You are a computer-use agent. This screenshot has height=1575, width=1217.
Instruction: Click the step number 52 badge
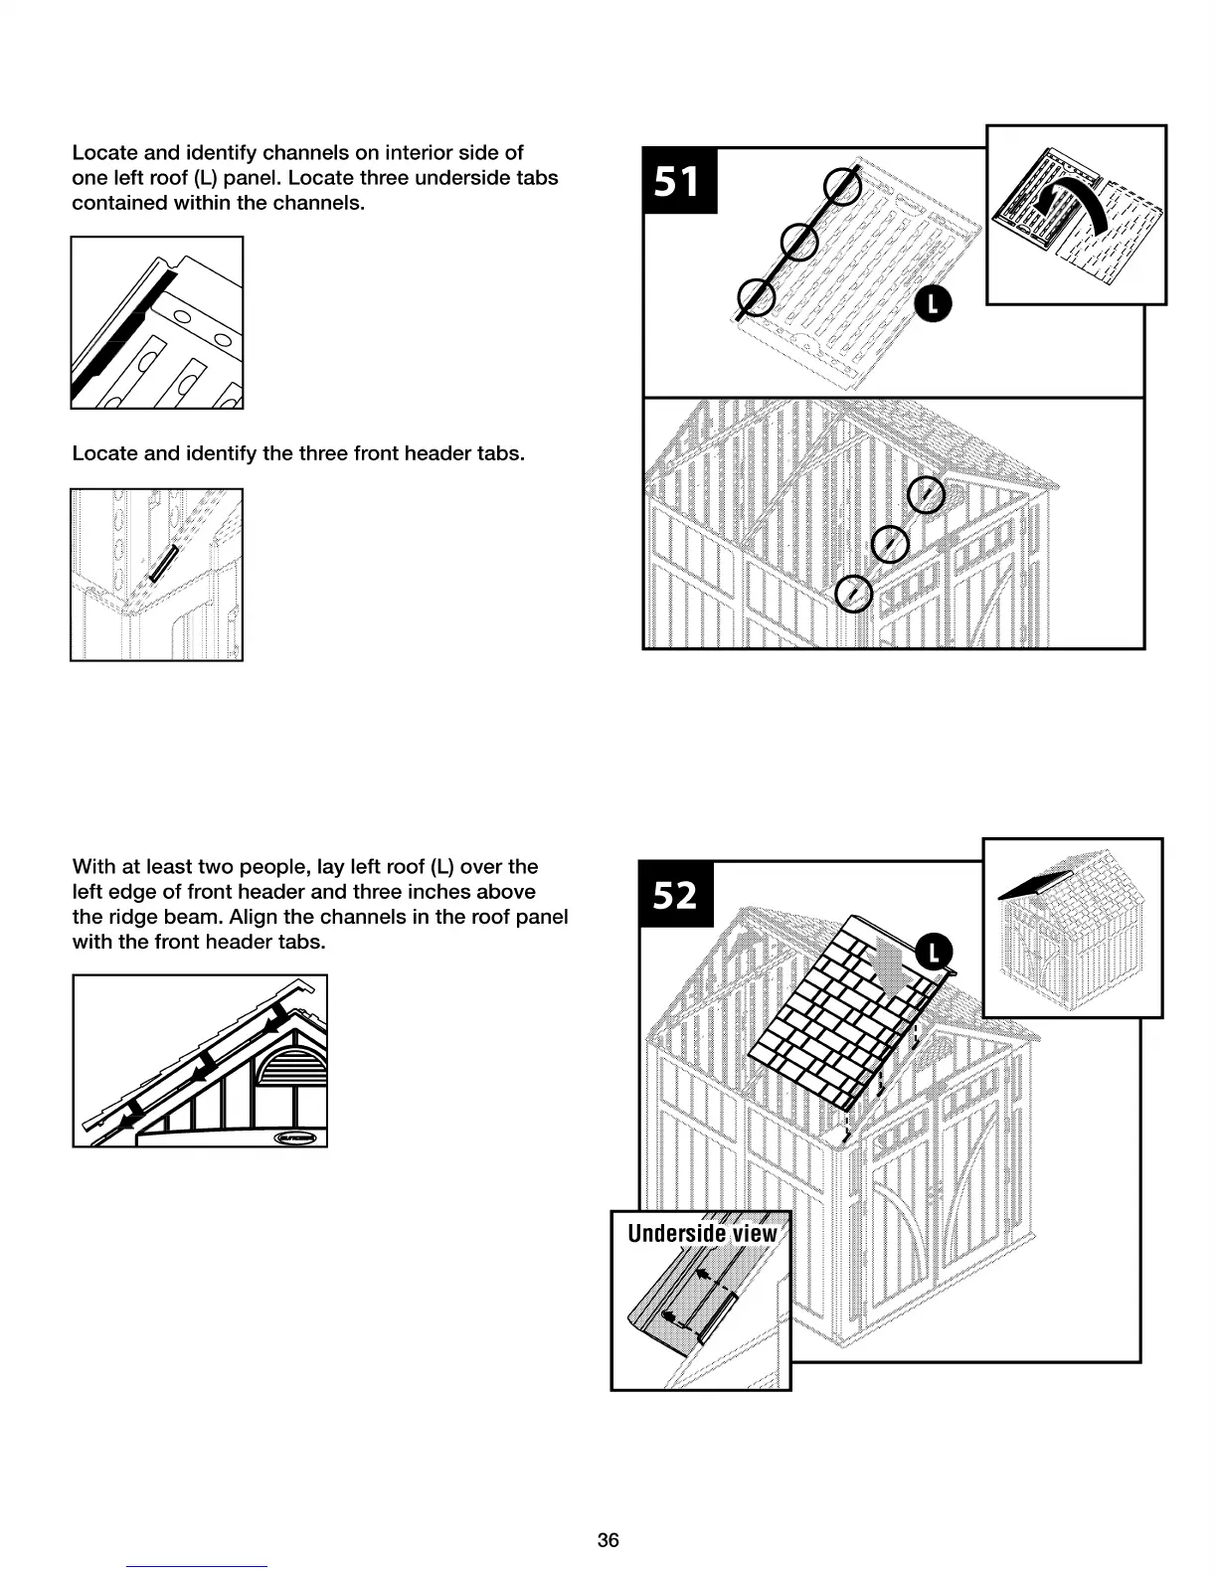[676, 895]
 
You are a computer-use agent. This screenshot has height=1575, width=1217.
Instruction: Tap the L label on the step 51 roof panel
[933, 304]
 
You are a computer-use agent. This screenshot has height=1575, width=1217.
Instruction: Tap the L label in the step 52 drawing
[934, 953]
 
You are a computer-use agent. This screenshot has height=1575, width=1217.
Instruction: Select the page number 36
[608, 1540]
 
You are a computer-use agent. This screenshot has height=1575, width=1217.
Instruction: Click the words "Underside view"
[702, 1234]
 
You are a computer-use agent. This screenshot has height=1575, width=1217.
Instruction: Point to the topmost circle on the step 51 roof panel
[842, 186]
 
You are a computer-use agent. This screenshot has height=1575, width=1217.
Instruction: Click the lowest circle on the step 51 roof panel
[757, 296]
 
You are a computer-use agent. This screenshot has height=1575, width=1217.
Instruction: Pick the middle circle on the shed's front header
[890, 543]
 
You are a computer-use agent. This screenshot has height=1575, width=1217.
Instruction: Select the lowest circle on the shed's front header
[854, 594]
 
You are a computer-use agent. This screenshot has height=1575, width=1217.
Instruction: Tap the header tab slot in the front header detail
[163, 564]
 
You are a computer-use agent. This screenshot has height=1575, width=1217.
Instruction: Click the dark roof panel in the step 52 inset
[1034, 884]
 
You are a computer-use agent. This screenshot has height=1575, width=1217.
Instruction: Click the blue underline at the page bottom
[197, 1566]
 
